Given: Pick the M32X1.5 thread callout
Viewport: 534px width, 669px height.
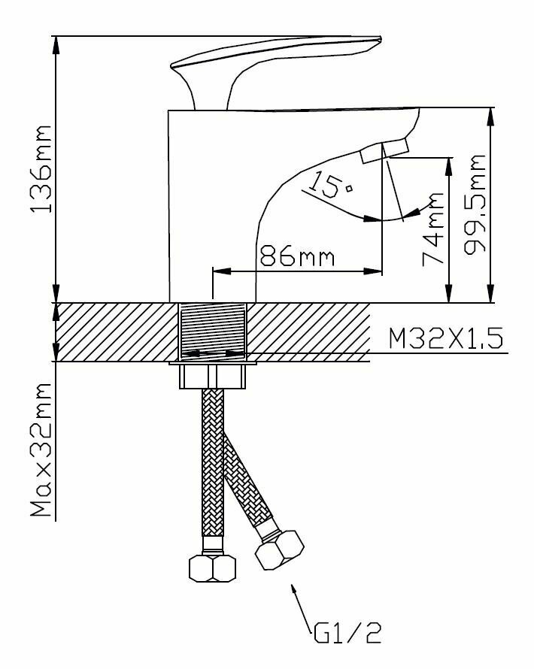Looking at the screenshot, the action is pos(445,339).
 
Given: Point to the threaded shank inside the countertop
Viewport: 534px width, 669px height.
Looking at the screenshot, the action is pos(214,330).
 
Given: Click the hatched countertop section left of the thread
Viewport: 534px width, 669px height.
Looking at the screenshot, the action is pos(113,331).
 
